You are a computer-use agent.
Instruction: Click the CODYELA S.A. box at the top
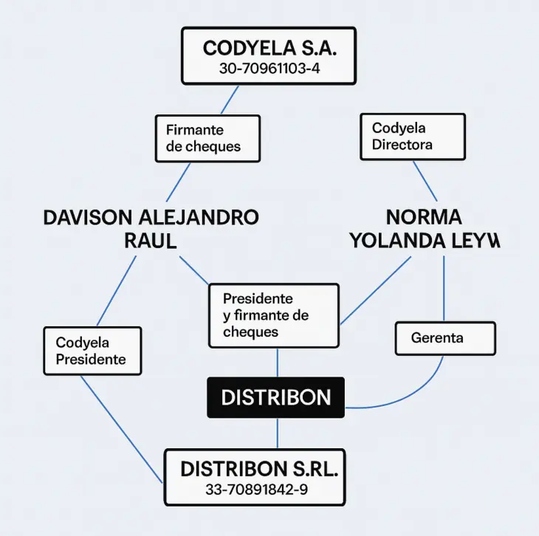(x=269, y=55)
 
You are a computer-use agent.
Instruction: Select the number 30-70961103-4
(x=269, y=69)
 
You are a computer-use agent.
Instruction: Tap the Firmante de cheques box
(x=207, y=138)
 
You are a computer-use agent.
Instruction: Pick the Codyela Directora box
(x=412, y=137)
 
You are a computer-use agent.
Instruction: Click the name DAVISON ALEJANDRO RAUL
(x=151, y=229)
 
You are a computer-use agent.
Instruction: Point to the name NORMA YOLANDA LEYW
(x=424, y=229)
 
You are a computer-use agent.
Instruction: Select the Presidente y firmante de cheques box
(x=273, y=315)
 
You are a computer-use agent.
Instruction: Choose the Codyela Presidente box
(x=92, y=351)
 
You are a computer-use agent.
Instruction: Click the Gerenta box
(x=444, y=338)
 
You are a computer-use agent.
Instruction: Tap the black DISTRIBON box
(x=275, y=397)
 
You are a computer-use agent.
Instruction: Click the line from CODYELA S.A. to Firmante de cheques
(x=230, y=100)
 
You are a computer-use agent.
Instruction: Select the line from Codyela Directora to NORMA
(x=424, y=180)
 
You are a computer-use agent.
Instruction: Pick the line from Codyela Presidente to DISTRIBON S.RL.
(x=122, y=428)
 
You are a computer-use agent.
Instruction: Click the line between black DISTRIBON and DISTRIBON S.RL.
(x=277, y=433)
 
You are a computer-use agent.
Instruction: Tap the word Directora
(x=402, y=145)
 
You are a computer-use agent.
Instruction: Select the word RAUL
(x=151, y=241)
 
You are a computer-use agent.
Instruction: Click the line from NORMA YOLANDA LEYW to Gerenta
(x=444, y=288)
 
